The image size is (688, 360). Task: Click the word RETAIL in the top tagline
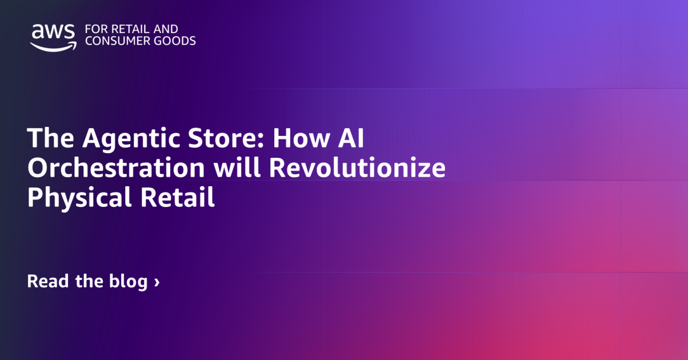point(122,29)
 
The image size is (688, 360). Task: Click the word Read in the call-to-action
point(48,282)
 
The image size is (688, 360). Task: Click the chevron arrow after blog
point(157,282)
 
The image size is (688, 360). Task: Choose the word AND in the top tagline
point(165,29)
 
